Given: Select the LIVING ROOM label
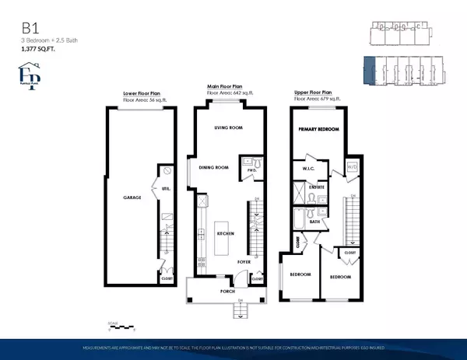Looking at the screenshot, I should (229, 129).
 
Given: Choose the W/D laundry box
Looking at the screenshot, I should (351, 166).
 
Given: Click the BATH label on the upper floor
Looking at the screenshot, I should (314, 222).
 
